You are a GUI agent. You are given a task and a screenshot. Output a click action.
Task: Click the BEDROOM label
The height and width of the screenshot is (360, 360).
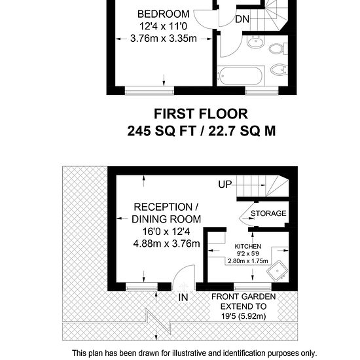click(x=163, y=14)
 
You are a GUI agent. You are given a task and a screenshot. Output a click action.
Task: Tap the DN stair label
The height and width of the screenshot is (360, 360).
click(x=242, y=19)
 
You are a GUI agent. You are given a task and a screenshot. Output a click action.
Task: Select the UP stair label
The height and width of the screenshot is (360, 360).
click(x=225, y=185)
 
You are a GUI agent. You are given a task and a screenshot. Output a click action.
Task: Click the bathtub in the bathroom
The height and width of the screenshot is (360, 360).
click(x=241, y=76)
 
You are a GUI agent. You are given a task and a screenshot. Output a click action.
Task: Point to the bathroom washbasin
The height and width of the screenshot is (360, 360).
click(x=256, y=42)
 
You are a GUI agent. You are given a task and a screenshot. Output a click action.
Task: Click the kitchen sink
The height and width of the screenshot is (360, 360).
click(x=277, y=271)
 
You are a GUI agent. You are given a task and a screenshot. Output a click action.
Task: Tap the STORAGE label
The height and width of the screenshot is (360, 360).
click(x=268, y=213)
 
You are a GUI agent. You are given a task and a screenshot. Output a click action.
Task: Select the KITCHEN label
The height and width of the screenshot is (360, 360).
click(x=247, y=246)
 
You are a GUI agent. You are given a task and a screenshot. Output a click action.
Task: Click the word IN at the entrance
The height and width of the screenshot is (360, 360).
click(x=183, y=298)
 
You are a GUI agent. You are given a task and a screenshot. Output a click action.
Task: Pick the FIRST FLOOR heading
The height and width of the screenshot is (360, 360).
click(x=201, y=114)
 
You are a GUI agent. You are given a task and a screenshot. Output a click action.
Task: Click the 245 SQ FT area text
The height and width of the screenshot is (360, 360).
click(x=162, y=132)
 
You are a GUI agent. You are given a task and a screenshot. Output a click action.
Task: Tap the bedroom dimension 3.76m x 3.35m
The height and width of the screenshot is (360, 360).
click(x=163, y=39)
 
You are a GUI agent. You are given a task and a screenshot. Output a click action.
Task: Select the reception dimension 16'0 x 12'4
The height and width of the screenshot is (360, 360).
click(x=166, y=232)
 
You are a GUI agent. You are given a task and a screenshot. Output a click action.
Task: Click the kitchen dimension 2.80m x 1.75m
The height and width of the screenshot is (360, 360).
click(x=247, y=261)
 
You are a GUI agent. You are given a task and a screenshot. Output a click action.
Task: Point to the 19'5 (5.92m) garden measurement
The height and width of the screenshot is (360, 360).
click(x=243, y=316)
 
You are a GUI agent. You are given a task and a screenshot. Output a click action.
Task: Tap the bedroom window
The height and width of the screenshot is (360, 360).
click(x=149, y=92)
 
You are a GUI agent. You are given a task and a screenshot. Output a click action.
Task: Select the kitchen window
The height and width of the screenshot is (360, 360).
click(x=253, y=287)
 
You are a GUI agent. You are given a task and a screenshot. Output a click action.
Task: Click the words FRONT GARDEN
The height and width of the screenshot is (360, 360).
click(x=243, y=297)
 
